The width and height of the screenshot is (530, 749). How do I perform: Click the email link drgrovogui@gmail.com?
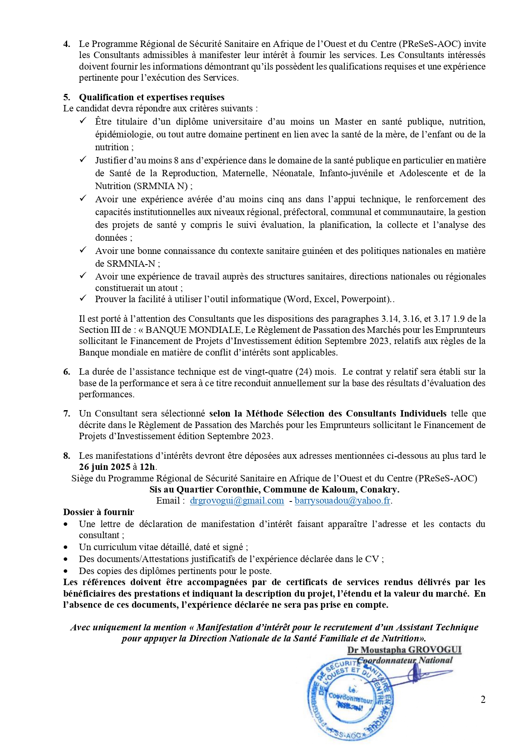[237, 501]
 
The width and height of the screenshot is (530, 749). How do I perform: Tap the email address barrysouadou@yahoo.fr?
[343, 501]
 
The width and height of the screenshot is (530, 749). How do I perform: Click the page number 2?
[483, 699]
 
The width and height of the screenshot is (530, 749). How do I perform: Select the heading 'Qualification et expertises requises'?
[152, 97]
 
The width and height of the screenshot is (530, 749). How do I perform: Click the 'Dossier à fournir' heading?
[99, 512]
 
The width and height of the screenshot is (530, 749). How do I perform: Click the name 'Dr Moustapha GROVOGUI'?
[404, 650]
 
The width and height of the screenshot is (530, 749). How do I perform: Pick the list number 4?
[67, 44]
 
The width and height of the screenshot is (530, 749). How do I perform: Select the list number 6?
[67, 372]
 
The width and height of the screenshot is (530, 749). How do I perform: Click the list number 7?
[67, 414]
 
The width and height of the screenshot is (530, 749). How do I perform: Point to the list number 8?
[67, 456]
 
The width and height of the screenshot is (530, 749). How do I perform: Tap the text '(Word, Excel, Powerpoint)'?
[337, 299]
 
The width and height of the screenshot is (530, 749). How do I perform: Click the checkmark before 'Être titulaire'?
[83, 121]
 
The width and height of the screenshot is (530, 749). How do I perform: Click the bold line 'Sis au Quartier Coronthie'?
[274, 490]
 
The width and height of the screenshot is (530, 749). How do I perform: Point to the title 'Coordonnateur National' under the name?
[405, 660]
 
